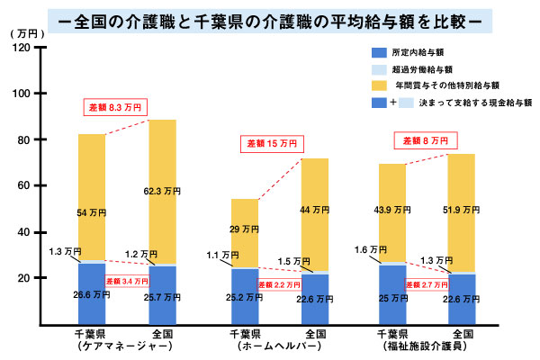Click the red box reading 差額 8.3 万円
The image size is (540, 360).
(x=115, y=108)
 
